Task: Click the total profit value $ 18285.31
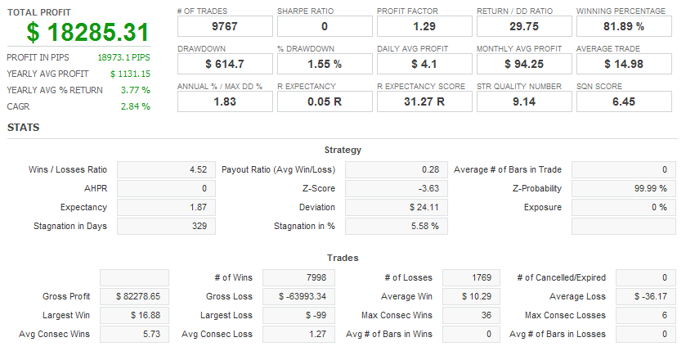pyautogui.click(x=87, y=33)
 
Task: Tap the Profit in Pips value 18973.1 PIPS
pyautogui.click(x=123, y=58)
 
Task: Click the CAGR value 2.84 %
pyautogui.click(x=135, y=106)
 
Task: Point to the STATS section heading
pyautogui.click(x=23, y=128)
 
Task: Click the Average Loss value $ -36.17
pyautogui.click(x=648, y=296)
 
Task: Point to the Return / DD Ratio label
pyautogui.click(x=514, y=11)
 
